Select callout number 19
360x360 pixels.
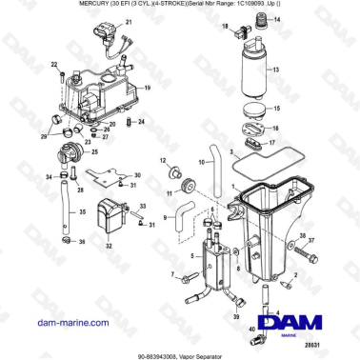(147, 88)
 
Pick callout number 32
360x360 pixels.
(110, 245)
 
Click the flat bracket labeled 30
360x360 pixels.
(110, 179)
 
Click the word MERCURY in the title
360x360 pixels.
(93, 6)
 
